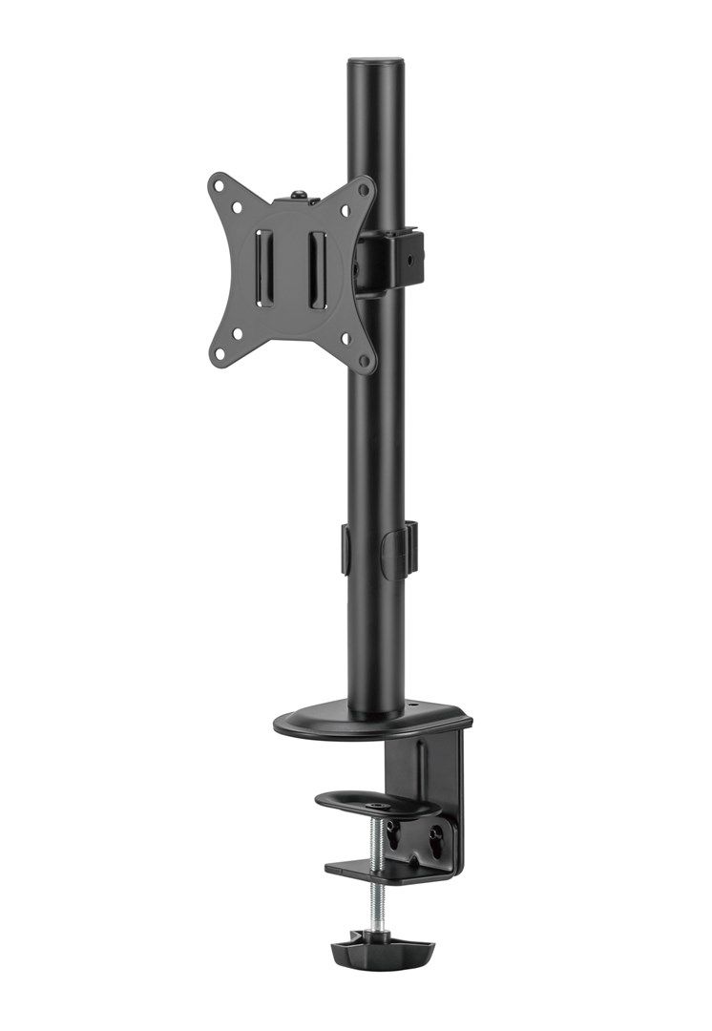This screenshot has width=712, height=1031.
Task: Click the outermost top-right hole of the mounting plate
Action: point(364,188)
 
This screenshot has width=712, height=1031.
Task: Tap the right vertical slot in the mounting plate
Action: point(317,269)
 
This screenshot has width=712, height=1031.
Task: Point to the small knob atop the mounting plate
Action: point(300,195)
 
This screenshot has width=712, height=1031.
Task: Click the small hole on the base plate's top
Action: point(415,708)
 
